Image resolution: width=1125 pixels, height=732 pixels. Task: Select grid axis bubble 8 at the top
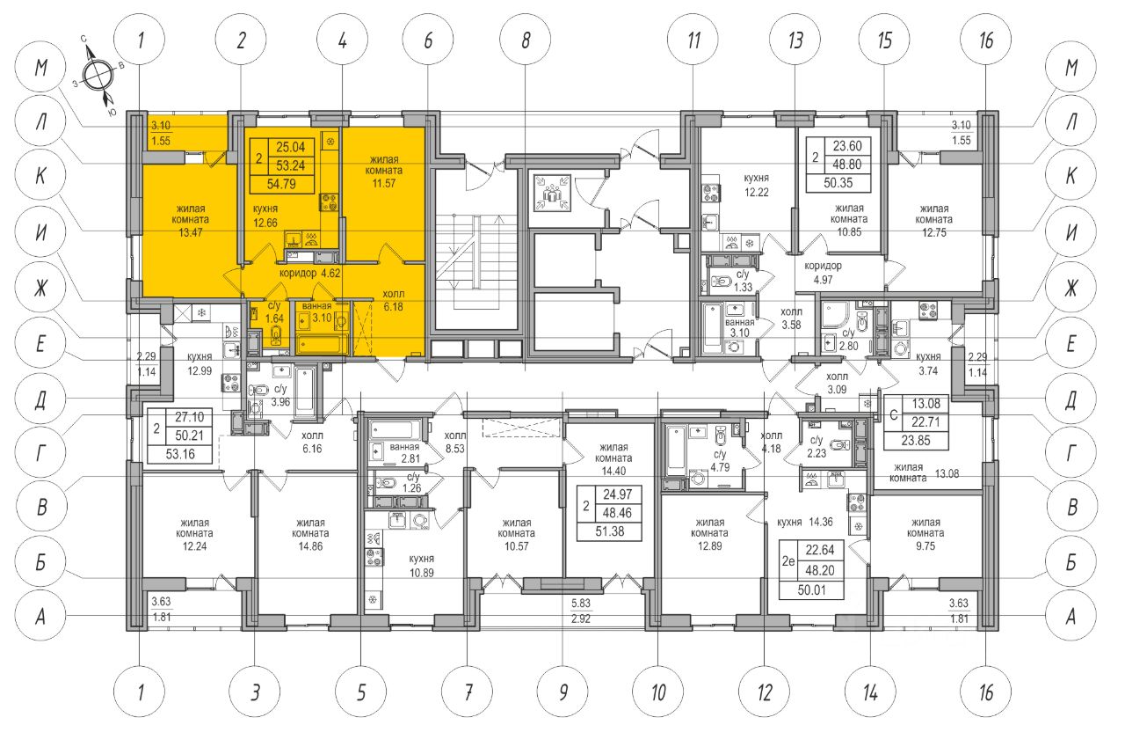tap(526, 40)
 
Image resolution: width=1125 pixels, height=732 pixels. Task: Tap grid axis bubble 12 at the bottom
tap(765, 692)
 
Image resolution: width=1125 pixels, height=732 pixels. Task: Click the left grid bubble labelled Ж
tap(41, 288)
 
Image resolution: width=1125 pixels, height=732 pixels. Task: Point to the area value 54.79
tap(281, 184)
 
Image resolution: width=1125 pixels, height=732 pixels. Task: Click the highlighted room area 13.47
tap(191, 233)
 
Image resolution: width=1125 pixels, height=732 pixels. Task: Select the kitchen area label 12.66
tap(265, 223)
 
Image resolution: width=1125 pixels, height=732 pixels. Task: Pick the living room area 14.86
tap(310, 546)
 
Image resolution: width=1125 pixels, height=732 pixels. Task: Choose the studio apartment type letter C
tap(894, 415)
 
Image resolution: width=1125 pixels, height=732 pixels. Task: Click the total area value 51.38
tap(610, 531)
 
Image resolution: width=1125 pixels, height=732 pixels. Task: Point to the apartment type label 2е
tap(788, 560)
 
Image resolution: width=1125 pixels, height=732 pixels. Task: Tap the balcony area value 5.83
tap(581, 604)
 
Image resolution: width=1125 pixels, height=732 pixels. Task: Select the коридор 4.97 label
tap(823, 273)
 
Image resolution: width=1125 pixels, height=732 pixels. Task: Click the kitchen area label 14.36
tap(804, 522)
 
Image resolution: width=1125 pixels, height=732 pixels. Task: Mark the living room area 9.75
tap(925, 546)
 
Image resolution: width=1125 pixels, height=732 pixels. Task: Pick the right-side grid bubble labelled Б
tap(1071, 562)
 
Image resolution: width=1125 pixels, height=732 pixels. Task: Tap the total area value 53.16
tap(180, 455)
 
